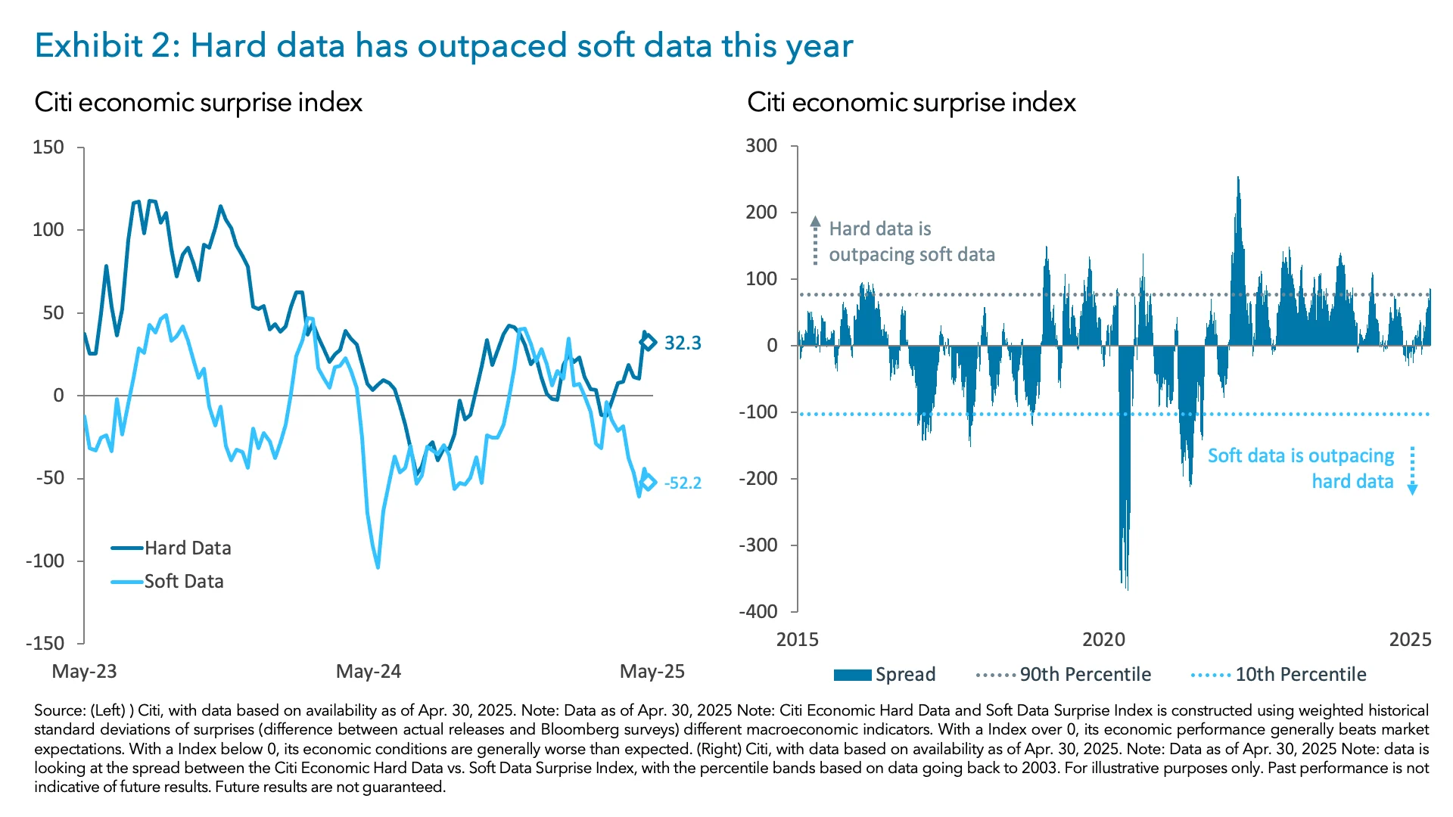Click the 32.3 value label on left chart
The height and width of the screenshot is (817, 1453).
pos(682,343)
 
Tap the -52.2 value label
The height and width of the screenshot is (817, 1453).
pos(682,483)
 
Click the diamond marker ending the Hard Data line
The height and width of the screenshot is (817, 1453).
pos(648,343)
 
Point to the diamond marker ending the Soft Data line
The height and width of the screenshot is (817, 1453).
pos(648,483)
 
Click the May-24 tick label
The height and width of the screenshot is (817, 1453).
pos(369,671)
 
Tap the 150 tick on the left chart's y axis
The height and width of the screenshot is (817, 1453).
pos(48,148)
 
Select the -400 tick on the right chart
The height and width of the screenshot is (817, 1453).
pos(758,611)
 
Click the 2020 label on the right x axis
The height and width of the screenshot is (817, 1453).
pos(1103,640)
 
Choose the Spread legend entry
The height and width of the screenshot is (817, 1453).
pos(885,674)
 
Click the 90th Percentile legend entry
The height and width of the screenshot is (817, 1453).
pos(1063,674)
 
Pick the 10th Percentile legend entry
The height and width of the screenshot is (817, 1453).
pos(1278,674)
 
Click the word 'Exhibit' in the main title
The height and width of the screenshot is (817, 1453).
pos(89,45)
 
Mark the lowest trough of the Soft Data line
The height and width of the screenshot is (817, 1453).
pos(378,566)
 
